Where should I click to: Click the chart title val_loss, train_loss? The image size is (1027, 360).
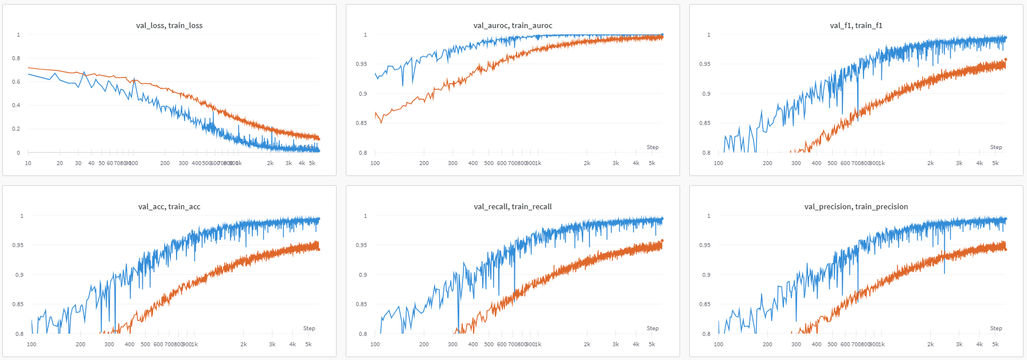169,25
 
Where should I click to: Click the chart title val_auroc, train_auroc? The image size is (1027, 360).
513,25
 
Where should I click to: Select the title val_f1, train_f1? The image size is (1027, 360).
856,25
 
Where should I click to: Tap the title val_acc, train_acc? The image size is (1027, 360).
169,206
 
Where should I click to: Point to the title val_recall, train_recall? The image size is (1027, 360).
513,206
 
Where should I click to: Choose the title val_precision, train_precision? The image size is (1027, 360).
856,206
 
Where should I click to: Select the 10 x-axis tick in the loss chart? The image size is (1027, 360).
28,163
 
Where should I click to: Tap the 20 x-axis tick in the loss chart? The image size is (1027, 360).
60,163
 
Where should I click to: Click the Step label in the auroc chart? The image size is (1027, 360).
653,147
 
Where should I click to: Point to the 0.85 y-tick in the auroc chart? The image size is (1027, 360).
361,123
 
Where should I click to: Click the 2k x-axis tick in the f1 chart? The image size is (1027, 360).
931,163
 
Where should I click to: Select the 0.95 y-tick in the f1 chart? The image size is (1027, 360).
705,64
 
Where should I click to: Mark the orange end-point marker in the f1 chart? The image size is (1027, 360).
1005,60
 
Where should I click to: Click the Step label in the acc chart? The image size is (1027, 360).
309,328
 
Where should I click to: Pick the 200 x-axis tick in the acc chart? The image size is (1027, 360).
80,345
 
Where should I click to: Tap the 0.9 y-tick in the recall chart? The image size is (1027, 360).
363,275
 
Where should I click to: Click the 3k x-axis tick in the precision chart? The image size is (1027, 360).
959,345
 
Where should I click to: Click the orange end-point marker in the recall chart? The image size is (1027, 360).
662,241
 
